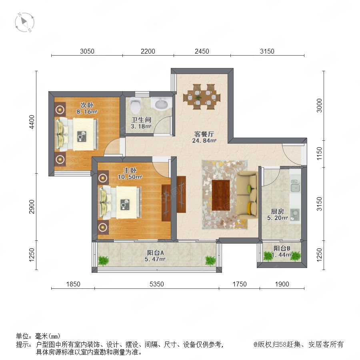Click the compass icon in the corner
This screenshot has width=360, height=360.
24,22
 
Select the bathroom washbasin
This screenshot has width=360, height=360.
162,104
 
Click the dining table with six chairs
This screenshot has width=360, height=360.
202,97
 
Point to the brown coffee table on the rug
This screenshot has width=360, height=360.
221,195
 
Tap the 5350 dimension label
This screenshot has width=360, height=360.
156,284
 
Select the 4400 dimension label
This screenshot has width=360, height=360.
32,122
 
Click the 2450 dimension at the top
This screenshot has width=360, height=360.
202,51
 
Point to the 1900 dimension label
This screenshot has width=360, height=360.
282,284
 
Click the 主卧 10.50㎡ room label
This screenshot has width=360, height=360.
130,174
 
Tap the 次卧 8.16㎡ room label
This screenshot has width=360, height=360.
87,108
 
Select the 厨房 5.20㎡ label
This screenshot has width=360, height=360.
277,214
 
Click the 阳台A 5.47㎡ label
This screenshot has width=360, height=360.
155,256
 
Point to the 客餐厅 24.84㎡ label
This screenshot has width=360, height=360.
204,137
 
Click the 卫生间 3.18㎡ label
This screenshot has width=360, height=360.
141,123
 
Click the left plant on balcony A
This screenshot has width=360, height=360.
103,260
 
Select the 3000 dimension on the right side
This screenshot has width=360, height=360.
319,105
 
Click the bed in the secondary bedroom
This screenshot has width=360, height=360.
76,134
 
